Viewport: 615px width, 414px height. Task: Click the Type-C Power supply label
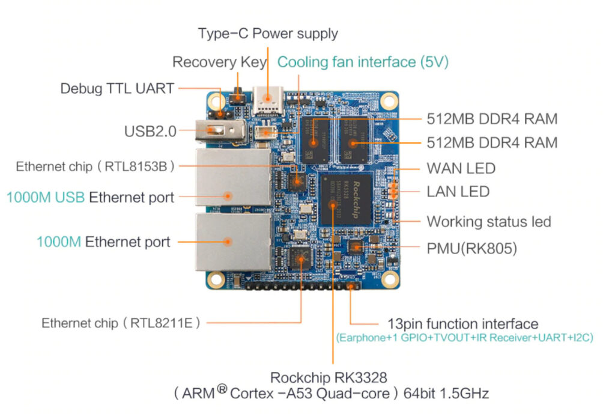(x=268, y=33)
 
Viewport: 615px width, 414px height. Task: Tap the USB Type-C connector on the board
(x=267, y=100)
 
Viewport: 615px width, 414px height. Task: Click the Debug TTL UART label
(x=117, y=88)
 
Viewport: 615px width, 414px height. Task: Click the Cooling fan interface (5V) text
(x=363, y=62)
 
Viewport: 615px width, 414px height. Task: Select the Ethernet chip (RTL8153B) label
(x=96, y=166)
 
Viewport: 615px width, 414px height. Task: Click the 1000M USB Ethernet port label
(x=90, y=197)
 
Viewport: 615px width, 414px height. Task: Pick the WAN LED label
(x=461, y=168)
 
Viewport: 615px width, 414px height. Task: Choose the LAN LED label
(x=458, y=192)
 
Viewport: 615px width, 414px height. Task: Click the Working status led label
(x=489, y=221)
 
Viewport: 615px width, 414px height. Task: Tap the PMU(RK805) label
(x=471, y=248)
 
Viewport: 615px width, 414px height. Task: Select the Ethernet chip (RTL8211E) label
(x=121, y=323)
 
